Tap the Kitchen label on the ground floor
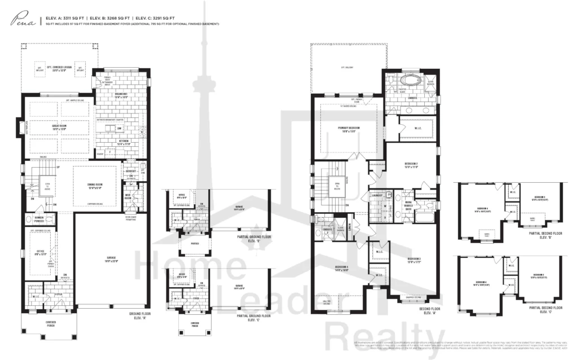[124, 143]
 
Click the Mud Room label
[129, 196]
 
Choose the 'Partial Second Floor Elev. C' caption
[547, 309]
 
